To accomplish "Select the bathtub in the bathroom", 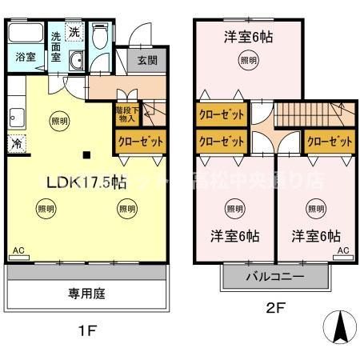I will pyautogui.click(x=26, y=34).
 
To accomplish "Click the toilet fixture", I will pyautogui.click(x=100, y=38).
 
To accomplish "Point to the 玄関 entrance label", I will pyautogui.click(x=147, y=61).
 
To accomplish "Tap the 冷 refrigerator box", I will pyautogui.click(x=16, y=144).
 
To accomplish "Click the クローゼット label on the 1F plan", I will pyautogui.click(x=141, y=141).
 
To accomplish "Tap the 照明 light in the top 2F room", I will pyautogui.click(x=249, y=59).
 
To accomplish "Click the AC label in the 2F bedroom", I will pyautogui.click(x=343, y=250).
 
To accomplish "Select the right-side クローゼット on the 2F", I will pyautogui.click(x=329, y=141).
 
